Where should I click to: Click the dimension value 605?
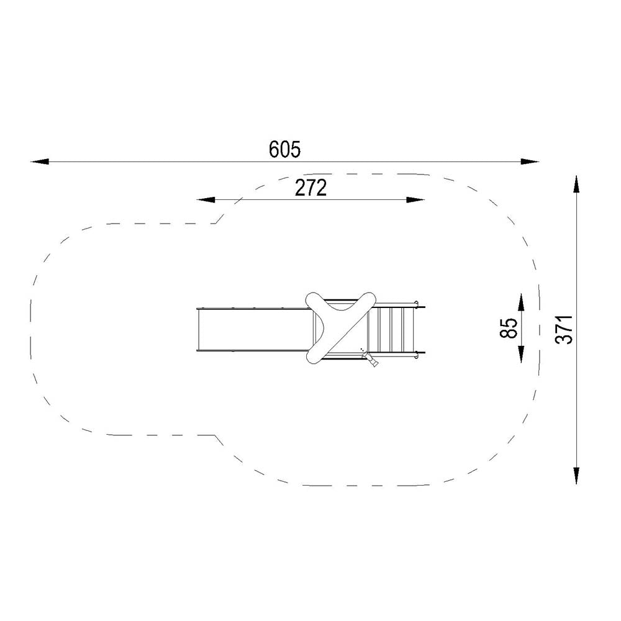click(x=285, y=149)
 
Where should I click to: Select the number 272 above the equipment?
click(x=311, y=188)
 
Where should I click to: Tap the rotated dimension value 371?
click(x=564, y=330)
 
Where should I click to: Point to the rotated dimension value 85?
click(x=509, y=328)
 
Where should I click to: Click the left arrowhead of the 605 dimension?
click(x=40, y=161)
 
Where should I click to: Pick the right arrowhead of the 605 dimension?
click(x=530, y=161)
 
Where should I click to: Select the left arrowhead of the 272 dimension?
click(x=206, y=200)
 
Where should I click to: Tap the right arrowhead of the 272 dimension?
click(x=415, y=200)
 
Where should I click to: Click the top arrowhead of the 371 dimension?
click(x=576, y=184)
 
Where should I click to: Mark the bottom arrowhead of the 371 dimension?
click(x=576, y=475)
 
